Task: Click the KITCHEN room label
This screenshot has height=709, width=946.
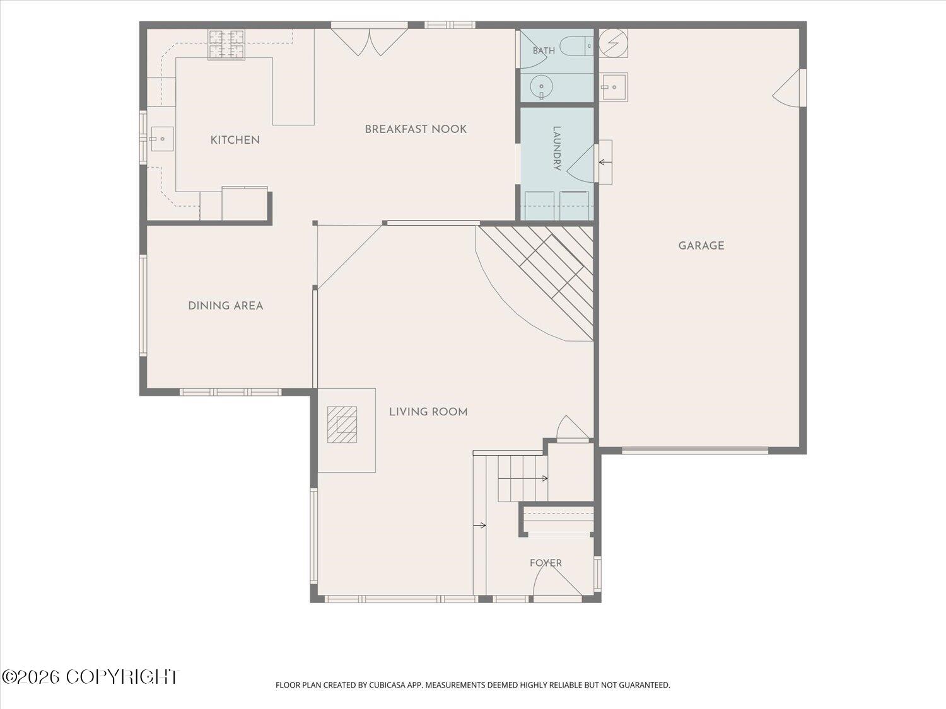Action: [x=235, y=140]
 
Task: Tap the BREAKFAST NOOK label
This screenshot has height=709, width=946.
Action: [x=416, y=129]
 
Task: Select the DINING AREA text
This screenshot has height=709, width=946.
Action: [x=225, y=306]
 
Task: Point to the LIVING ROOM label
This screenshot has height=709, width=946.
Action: [x=428, y=412]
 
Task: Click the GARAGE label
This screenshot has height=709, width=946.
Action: [x=701, y=246]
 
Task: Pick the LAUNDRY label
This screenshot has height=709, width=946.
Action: [x=556, y=149]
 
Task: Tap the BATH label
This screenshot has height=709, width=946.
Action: [x=544, y=51]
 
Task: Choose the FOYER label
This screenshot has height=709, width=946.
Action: [x=546, y=563]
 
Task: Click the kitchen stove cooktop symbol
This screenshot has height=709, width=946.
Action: [x=226, y=44]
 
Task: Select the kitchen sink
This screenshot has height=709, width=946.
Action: [x=161, y=139]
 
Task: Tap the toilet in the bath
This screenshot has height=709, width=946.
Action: [x=578, y=45]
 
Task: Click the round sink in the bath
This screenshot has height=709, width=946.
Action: [x=541, y=86]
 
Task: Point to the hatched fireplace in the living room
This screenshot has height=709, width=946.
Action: [x=342, y=424]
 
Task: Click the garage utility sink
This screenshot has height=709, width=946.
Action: [x=614, y=87]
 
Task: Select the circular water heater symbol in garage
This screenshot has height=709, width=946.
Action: [x=613, y=43]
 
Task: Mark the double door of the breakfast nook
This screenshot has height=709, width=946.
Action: [x=369, y=42]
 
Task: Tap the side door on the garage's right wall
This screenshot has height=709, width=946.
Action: [x=789, y=88]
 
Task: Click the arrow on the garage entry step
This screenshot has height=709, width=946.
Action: [x=605, y=163]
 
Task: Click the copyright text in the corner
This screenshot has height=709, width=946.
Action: [x=91, y=677]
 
